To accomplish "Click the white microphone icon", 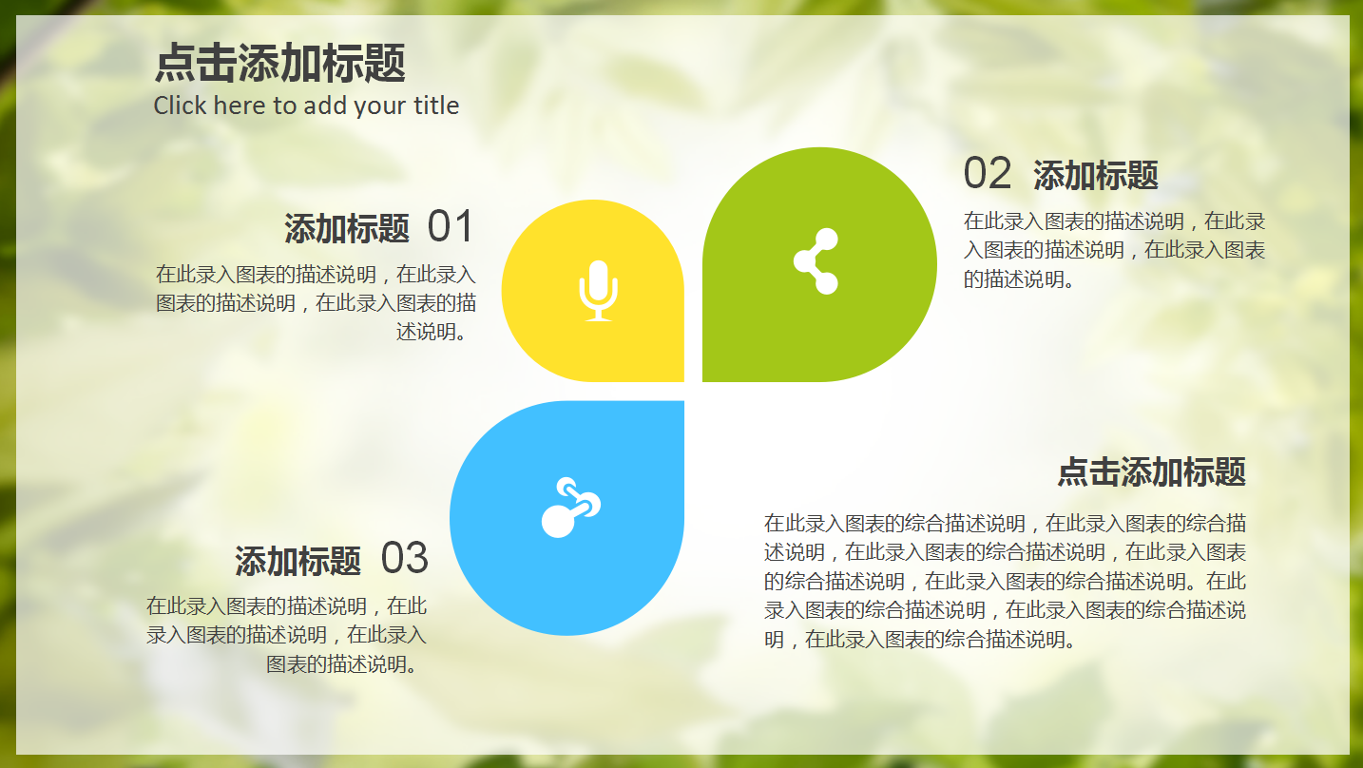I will click(x=598, y=289).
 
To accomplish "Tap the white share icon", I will click(x=816, y=261).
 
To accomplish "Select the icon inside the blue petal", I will click(x=570, y=508).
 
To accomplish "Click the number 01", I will click(x=450, y=227).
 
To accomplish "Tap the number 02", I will click(x=988, y=174).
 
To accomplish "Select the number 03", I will click(x=405, y=559).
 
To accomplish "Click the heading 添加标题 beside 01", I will click(x=347, y=229).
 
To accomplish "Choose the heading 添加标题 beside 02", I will click(x=1096, y=176).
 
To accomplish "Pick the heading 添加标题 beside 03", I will click(x=298, y=561).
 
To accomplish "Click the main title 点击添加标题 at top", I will click(x=279, y=64).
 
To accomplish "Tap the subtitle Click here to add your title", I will click(x=306, y=106).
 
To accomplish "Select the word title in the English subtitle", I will click(x=436, y=106).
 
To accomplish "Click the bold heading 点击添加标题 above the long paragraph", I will click(x=1151, y=471).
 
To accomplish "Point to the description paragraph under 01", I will click(x=316, y=303).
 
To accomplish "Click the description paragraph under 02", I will click(x=1114, y=250).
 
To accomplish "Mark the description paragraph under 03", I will click(x=287, y=634).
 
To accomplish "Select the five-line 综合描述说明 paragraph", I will click(x=1005, y=581).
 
